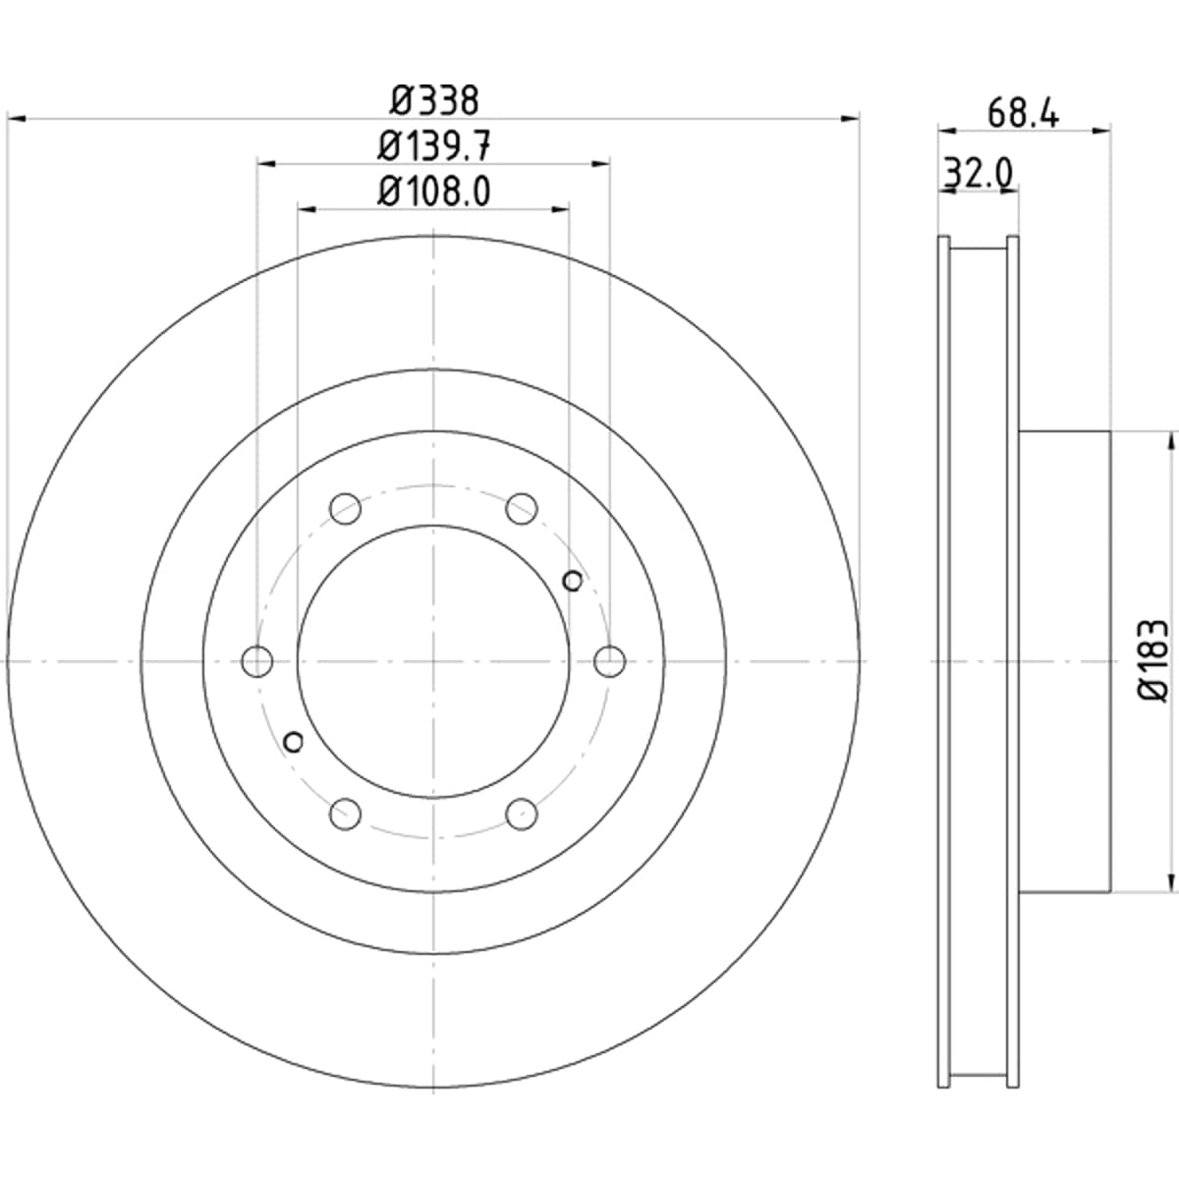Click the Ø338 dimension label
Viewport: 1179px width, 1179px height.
(x=434, y=100)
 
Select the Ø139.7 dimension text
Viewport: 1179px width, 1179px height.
(x=434, y=146)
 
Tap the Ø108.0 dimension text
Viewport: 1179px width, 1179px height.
(x=434, y=192)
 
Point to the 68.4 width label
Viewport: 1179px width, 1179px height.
(x=1023, y=113)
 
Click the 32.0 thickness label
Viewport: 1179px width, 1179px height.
(x=979, y=173)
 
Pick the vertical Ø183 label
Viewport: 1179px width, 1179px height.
(x=1153, y=661)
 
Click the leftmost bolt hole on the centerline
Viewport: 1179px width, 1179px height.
(x=257, y=661)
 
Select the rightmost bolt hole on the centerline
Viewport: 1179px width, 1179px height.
(x=610, y=661)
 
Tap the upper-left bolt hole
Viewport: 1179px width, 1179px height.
(x=345, y=508)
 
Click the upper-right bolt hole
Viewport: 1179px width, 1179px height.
(x=522, y=508)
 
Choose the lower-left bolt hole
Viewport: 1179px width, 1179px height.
(x=345, y=814)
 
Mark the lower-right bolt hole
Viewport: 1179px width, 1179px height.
(x=522, y=814)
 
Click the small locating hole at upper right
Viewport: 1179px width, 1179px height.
(x=573, y=581)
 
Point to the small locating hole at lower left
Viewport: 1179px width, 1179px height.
(x=294, y=742)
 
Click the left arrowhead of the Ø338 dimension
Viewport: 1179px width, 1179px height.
(x=16, y=118)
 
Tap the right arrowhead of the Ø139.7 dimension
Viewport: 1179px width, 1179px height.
(x=600, y=163)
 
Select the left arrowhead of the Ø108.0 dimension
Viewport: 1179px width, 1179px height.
(x=307, y=210)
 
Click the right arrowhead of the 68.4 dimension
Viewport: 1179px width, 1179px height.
(x=1100, y=131)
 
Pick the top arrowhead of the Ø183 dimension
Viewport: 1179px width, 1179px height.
(x=1171, y=441)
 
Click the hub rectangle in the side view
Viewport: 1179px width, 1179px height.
(x=1065, y=661)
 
